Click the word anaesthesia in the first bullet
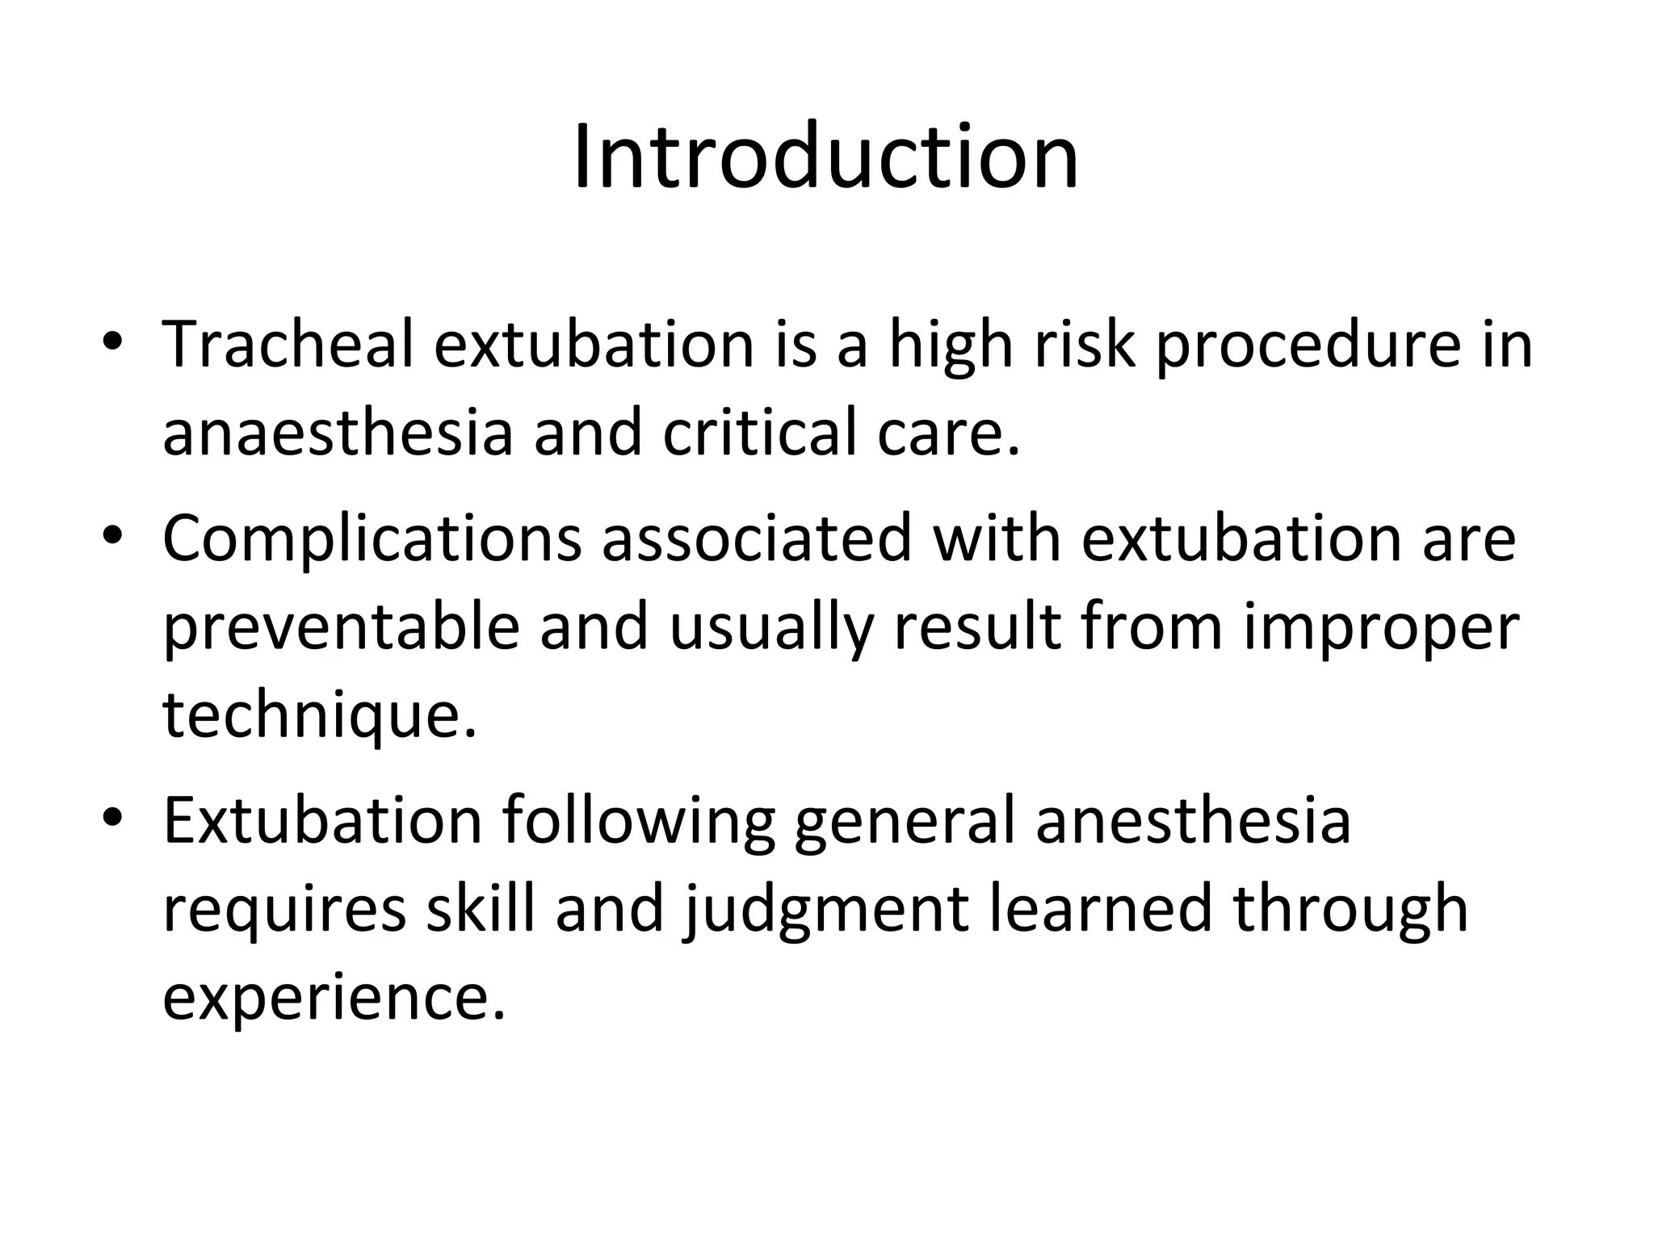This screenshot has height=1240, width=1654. click(x=337, y=433)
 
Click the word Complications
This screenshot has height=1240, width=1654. click(x=372, y=540)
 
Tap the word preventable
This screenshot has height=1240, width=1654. click(x=340, y=628)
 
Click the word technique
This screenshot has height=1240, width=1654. click(x=319, y=715)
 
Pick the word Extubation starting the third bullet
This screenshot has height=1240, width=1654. click(x=322, y=821)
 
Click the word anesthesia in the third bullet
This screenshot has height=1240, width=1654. click(x=1193, y=821)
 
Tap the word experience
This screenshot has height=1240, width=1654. click(x=333, y=999)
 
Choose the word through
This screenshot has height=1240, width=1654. click(x=1350, y=911)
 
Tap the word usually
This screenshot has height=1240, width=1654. click(x=770, y=628)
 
